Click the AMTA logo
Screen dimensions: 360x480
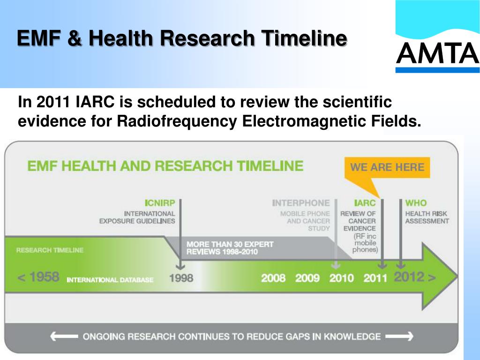click(437, 52)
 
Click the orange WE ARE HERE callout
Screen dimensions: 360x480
click(387, 168)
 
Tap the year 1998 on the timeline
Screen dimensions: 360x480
click(181, 278)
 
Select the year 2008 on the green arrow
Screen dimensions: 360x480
click(273, 278)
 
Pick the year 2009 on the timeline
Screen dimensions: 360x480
click(307, 278)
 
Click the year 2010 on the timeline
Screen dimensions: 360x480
click(341, 278)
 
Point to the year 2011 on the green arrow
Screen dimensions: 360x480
click(375, 278)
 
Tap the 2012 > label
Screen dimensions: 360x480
click(414, 277)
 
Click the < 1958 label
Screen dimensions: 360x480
click(38, 277)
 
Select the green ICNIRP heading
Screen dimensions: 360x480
click(159, 203)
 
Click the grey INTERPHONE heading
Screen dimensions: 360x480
click(301, 203)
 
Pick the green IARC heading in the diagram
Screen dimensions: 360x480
click(365, 203)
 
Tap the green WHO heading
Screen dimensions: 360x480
click(416, 203)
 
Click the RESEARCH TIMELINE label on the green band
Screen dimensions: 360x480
click(50, 250)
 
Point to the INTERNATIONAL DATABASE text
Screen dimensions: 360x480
click(110, 280)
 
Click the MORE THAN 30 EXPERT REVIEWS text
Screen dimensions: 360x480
click(230, 248)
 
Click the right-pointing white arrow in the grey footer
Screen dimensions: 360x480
click(399, 336)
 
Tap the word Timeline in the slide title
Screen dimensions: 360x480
click(305, 38)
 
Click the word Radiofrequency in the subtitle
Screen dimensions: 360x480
click(177, 121)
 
